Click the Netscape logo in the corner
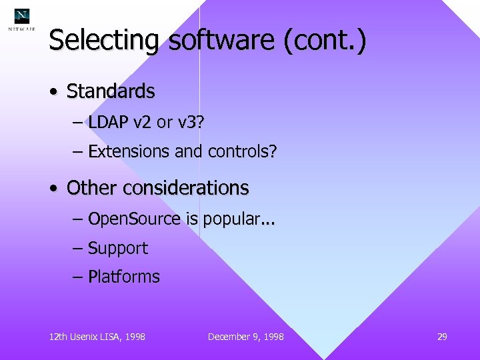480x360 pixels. [x=22, y=19]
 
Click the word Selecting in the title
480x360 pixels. [x=103, y=41]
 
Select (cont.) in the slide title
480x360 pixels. [x=325, y=41]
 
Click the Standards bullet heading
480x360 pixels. [x=111, y=91]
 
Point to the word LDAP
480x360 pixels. [x=109, y=123]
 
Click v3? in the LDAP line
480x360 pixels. [x=192, y=123]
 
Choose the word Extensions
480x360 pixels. [x=129, y=152]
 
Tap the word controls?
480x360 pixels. [x=242, y=152]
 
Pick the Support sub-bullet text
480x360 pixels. [x=117, y=249]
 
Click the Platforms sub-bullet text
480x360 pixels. [x=123, y=277]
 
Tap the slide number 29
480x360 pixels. [x=442, y=337]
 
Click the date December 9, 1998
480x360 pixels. [x=245, y=337]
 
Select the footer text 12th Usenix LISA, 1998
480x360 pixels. [x=97, y=337]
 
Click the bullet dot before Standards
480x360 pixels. [x=53, y=92]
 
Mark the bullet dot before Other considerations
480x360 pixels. [x=53, y=189]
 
